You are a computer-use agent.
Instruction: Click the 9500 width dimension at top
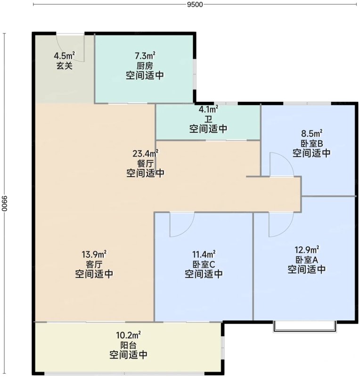pyautogui.click(x=195, y=5)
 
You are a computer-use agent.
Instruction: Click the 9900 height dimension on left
pyautogui.click(x=5, y=204)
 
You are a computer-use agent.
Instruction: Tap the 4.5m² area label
pyautogui.click(x=64, y=56)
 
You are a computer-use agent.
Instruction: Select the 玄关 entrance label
pyautogui.click(x=65, y=66)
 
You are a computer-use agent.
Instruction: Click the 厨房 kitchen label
pyautogui.click(x=145, y=66)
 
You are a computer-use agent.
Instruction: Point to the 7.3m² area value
pyautogui.click(x=145, y=56)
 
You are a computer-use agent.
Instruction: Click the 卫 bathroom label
pyautogui.click(x=208, y=119)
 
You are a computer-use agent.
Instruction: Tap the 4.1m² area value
pyautogui.click(x=208, y=109)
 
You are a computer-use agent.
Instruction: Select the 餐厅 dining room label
pyautogui.click(x=145, y=164)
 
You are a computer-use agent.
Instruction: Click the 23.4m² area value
pyautogui.click(x=145, y=153)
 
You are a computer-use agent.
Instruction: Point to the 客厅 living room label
pyautogui.click(x=94, y=264)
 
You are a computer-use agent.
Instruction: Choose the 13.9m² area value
pyautogui.click(x=94, y=254)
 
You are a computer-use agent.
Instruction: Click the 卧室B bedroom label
pyautogui.click(x=311, y=144)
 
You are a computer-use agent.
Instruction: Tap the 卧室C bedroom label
pyautogui.click(x=204, y=264)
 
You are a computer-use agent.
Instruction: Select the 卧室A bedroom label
pyautogui.click(x=307, y=260)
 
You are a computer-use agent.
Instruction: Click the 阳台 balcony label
pyautogui.click(x=129, y=345)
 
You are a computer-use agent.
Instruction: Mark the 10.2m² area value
pyautogui.click(x=129, y=335)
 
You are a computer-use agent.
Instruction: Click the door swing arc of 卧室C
pyautogui.click(x=188, y=229)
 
